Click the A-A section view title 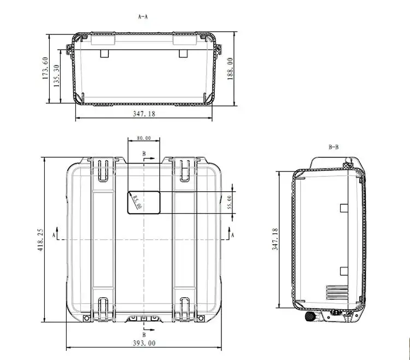click(143, 17)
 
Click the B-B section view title click(333, 147)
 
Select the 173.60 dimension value click(45, 68)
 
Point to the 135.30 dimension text click(56, 76)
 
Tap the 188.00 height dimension click(230, 69)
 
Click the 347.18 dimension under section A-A click(144, 114)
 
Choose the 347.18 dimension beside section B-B click(275, 239)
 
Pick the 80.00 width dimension click(144, 138)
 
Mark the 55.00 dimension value click(229, 202)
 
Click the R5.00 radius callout click(137, 202)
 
